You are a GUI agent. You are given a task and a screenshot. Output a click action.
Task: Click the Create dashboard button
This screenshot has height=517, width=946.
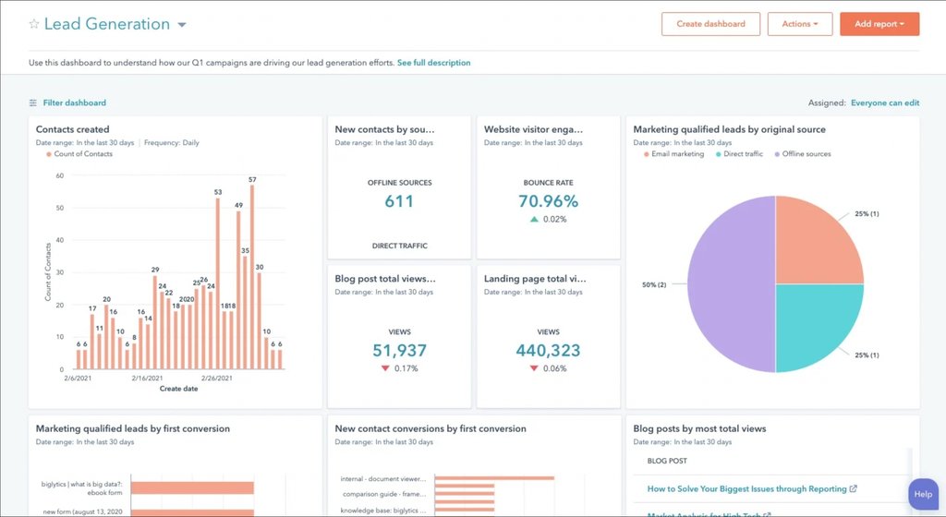tap(710, 24)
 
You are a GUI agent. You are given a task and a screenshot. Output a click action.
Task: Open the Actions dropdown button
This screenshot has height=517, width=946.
tap(799, 24)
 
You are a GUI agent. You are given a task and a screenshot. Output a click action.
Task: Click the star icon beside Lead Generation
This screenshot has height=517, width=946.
tap(34, 25)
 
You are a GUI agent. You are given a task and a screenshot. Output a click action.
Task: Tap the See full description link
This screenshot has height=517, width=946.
tap(433, 63)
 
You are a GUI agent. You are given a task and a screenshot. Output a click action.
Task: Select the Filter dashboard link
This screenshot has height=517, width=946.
tap(74, 103)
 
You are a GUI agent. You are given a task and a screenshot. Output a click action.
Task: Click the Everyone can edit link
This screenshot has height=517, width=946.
tap(884, 103)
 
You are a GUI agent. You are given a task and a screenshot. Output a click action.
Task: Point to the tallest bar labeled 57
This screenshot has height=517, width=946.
tap(251, 277)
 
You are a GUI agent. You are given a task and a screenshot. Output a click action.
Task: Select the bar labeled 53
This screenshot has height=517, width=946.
tap(218, 284)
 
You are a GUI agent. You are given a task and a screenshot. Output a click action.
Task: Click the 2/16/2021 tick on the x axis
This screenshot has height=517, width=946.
tap(147, 379)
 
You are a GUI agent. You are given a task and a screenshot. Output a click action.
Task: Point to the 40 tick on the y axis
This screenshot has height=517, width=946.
tap(59, 240)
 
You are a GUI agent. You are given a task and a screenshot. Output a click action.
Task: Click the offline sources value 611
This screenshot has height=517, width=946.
tap(399, 201)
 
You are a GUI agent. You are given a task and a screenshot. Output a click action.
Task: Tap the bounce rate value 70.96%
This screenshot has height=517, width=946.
tap(548, 201)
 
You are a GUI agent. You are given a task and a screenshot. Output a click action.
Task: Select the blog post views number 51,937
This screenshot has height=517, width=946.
tap(399, 350)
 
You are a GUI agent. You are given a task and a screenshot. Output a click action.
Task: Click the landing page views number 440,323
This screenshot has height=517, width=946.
tap(548, 350)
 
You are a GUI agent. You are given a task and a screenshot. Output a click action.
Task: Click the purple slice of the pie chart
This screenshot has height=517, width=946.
tap(730, 284)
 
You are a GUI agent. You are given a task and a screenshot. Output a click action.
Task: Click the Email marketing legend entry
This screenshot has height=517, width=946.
tap(677, 154)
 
